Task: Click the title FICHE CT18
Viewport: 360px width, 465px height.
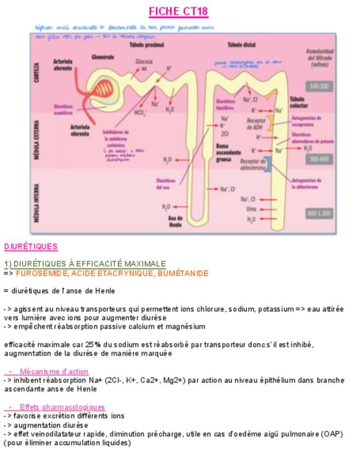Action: coord(178,12)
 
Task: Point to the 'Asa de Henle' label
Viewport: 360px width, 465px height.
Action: coord(175,222)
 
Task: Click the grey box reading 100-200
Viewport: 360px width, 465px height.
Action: coord(319,87)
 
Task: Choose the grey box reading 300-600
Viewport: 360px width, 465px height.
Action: coord(319,159)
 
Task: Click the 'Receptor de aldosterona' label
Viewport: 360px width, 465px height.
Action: coord(252,165)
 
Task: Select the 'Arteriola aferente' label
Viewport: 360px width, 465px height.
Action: coord(64,65)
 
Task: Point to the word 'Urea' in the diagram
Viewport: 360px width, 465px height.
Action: coord(251,209)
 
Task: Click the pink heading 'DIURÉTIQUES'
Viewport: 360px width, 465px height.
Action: coord(30,247)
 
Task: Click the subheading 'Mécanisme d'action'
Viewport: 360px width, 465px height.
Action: coord(54,372)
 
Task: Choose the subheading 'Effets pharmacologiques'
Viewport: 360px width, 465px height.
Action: coord(62,407)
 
